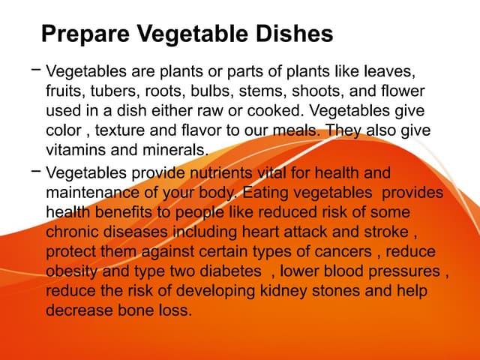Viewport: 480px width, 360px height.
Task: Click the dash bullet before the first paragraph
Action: tap(36, 70)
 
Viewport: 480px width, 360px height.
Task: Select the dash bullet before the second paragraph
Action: tap(36, 172)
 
